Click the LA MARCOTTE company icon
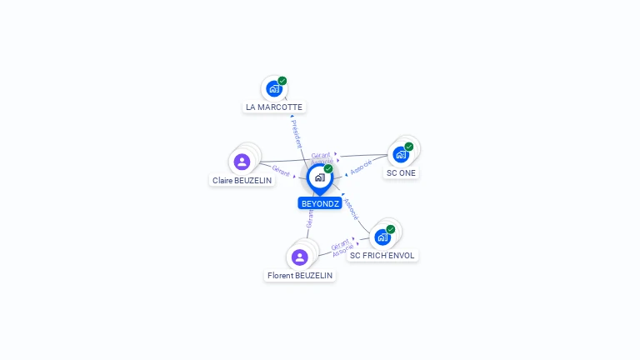pyautogui.click(x=273, y=88)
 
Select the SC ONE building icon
pyautogui.click(x=401, y=154)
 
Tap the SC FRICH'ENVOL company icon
pyautogui.click(x=382, y=237)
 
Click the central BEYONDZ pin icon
pyautogui.click(x=319, y=177)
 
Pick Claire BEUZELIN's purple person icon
pyautogui.click(x=242, y=162)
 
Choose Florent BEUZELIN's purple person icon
pyautogui.click(x=300, y=257)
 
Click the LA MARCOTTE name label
pyautogui.click(x=274, y=107)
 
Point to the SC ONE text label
pyautogui.click(x=401, y=173)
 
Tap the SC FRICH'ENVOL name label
pyautogui.click(x=382, y=256)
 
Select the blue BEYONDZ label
pyautogui.click(x=320, y=203)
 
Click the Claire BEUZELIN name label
pyautogui.click(x=242, y=180)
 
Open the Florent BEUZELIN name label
pyautogui.click(x=300, y=276)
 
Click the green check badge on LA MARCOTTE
pyautogui.click(x=282, y=81)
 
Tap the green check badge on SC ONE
pyautogui.click(x=409, y=147)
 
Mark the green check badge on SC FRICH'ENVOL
pyautogui.click(x=391, y=229)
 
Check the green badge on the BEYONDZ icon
pyautogui.click(x=328, y=169)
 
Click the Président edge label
pyautogui.click(x=297, y=133)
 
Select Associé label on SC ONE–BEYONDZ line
pyautogui.click(x=361, y=167)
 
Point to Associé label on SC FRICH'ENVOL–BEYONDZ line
pyautogui.click(x=351, y=208)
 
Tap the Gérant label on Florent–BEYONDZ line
pyautogui.click(x=310, y=218)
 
